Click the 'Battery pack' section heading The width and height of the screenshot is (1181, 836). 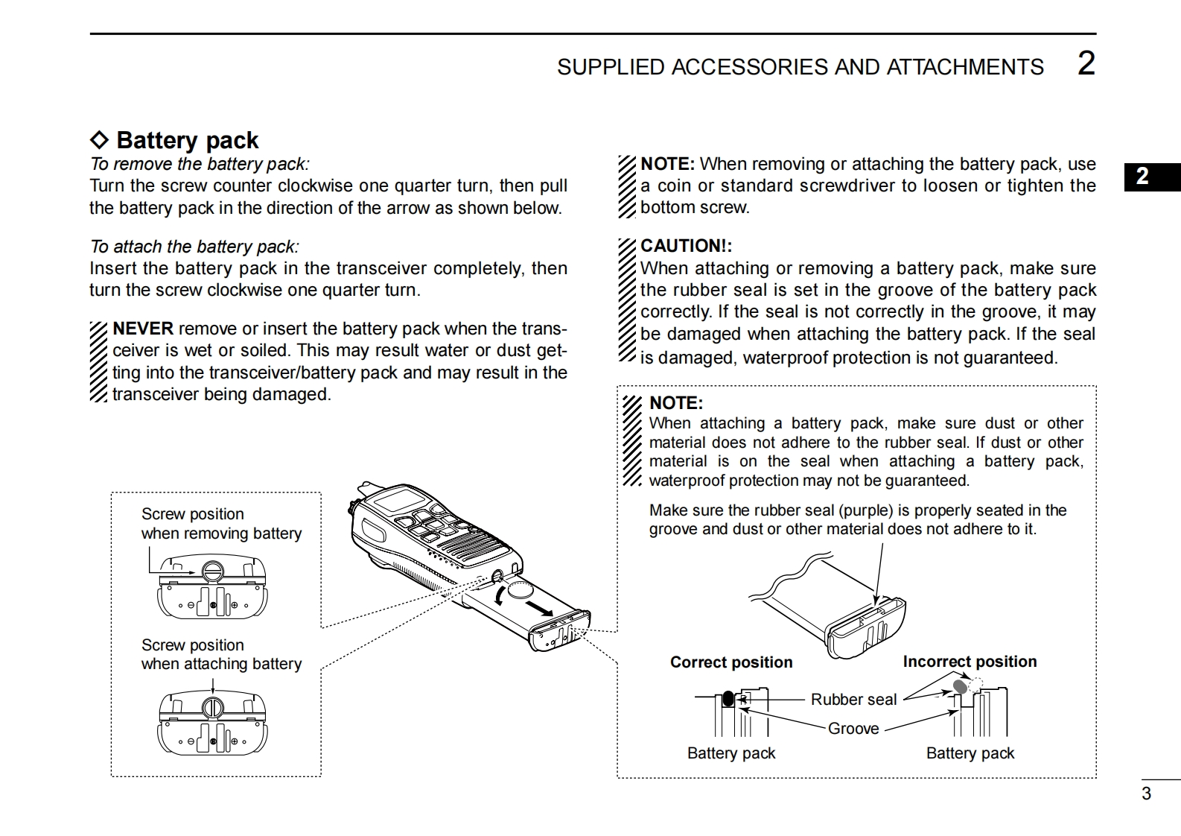pos(186,140)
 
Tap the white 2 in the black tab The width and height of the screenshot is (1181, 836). pos(1142,177)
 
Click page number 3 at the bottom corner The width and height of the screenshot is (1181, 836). pos(1146,794)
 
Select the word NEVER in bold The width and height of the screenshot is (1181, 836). pos(143,329)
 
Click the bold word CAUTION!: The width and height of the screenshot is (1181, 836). pos(686,246)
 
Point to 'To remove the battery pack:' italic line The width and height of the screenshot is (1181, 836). pos(199,164)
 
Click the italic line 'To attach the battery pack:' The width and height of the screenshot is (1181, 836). pos(194,247)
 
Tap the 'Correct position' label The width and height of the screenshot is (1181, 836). pos(730,662)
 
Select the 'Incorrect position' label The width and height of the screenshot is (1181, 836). pos(969,662)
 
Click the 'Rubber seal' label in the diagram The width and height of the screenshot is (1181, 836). pos(853,700)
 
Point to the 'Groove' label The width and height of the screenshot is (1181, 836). pos(853,729)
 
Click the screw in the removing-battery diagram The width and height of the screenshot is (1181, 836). pos(212,571)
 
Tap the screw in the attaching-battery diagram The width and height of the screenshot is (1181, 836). pos(213,706)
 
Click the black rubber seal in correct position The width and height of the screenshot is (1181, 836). pos(728,699)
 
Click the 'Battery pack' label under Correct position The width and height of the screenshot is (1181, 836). pos(730,753)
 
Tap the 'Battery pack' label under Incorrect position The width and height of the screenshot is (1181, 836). pos(970,753)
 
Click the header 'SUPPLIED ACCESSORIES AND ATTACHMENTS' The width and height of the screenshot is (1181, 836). pos(800,67)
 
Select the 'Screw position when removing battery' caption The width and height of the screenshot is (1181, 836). pos(221,524)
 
